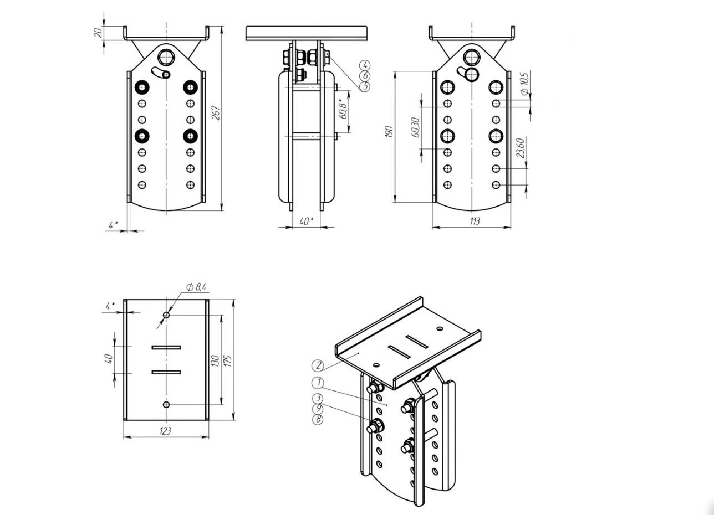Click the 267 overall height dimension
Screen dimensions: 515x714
217,113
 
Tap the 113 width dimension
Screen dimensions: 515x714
475,221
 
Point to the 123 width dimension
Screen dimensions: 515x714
165,431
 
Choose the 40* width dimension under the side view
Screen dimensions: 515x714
306,221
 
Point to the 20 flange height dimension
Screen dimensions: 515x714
99,33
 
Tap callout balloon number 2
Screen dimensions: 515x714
318,365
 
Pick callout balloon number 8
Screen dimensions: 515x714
318,420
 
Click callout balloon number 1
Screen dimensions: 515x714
318,383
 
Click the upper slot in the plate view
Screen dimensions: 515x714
166,347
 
